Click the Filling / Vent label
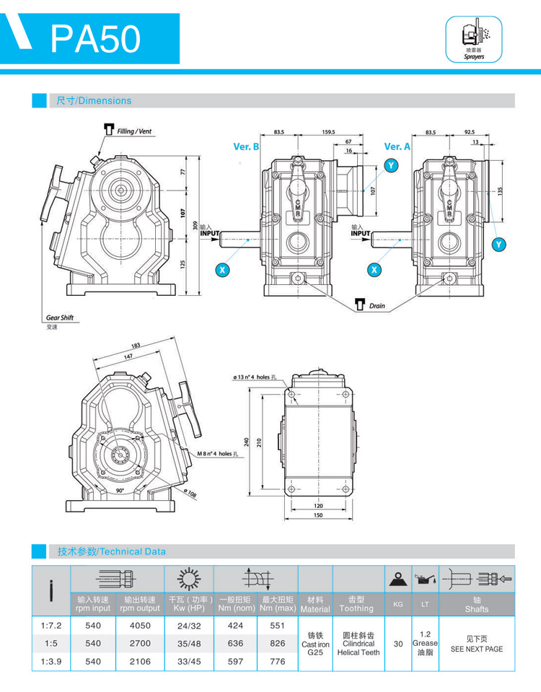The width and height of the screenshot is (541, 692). click(133, 131)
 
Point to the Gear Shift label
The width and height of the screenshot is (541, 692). click(60, 317)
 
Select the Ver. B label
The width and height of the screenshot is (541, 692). click(246, 146)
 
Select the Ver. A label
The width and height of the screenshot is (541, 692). click(397, 146)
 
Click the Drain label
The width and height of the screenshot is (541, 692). click(377, 306)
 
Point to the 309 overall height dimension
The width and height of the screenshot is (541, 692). click(194, 225)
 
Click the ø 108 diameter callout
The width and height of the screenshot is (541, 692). click(190, 494)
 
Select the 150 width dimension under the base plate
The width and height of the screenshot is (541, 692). click(317, 515)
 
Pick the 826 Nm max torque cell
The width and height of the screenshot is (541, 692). click(277, 642)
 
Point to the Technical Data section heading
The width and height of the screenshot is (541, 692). click(112, 551)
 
